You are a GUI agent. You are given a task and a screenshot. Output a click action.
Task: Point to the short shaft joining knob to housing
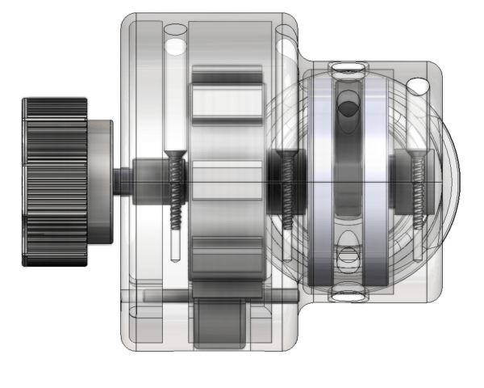click(x=120, y=180)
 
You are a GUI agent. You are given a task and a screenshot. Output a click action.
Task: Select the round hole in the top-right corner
click(x=418, y=85)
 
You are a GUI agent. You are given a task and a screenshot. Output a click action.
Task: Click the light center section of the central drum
click(x=227, y=182)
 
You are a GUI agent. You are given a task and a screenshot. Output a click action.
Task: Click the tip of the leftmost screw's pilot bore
click(x=175, y=257)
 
